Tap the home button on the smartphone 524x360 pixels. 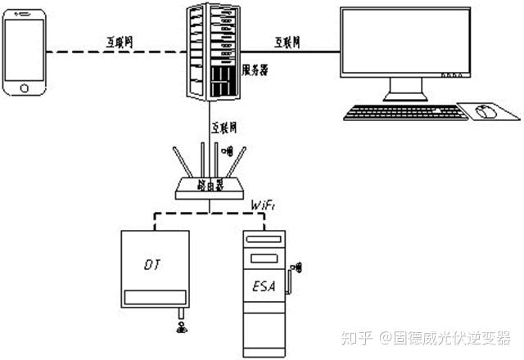point(25,84)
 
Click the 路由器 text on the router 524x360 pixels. point(210,187)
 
